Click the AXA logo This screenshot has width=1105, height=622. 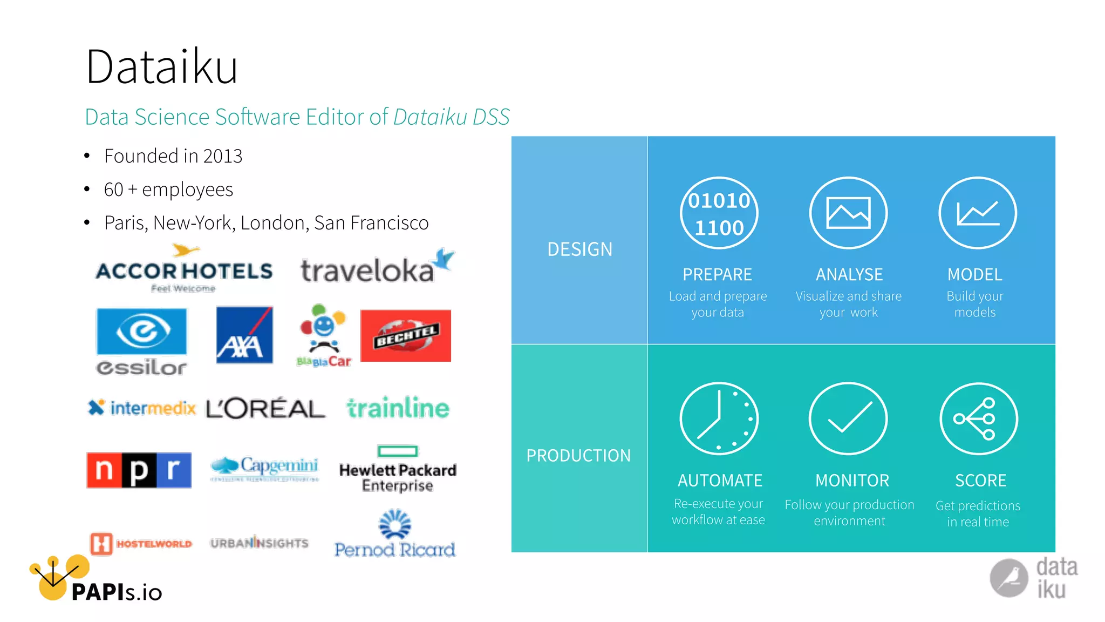click(x=244, y=335)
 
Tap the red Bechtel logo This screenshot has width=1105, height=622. click(x=406, y=335)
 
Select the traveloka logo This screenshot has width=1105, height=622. click(x=377, y=267)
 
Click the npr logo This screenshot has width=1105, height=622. click(x=139, y=470)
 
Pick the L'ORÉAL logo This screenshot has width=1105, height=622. click(x=265, y=408)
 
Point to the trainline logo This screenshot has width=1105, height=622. click(x=398, y=408)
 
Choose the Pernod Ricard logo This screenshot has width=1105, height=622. click(x=395, y=535)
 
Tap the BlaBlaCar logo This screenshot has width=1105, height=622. click(x=324, y=335)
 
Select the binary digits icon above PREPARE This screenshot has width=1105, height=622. click(x=719, y=213)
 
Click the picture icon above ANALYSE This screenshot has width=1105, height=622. click(x=848, y=213)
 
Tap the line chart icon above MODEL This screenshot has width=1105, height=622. click(x=978, y=213)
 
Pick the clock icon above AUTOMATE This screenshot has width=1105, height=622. click(x=719, y=418)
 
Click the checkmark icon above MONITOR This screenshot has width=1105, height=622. click(x=848, y=418)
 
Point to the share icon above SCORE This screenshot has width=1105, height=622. click(x=978, y=418)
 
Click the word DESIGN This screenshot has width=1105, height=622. click(x=580, y=249)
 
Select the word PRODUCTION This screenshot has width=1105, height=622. click(x=578, y=456)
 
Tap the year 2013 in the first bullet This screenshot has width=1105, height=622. click(x=222, y=156)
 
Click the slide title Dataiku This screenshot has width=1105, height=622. click(x=161, y=67)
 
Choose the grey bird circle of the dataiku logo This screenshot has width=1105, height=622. click(x=1008, y=578)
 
